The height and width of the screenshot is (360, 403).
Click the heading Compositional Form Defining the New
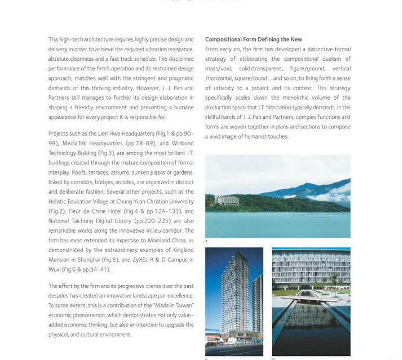[253, 39]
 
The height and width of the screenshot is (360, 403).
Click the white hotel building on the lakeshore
[227, 199]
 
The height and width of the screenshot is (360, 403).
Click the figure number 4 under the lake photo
[206, 241]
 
